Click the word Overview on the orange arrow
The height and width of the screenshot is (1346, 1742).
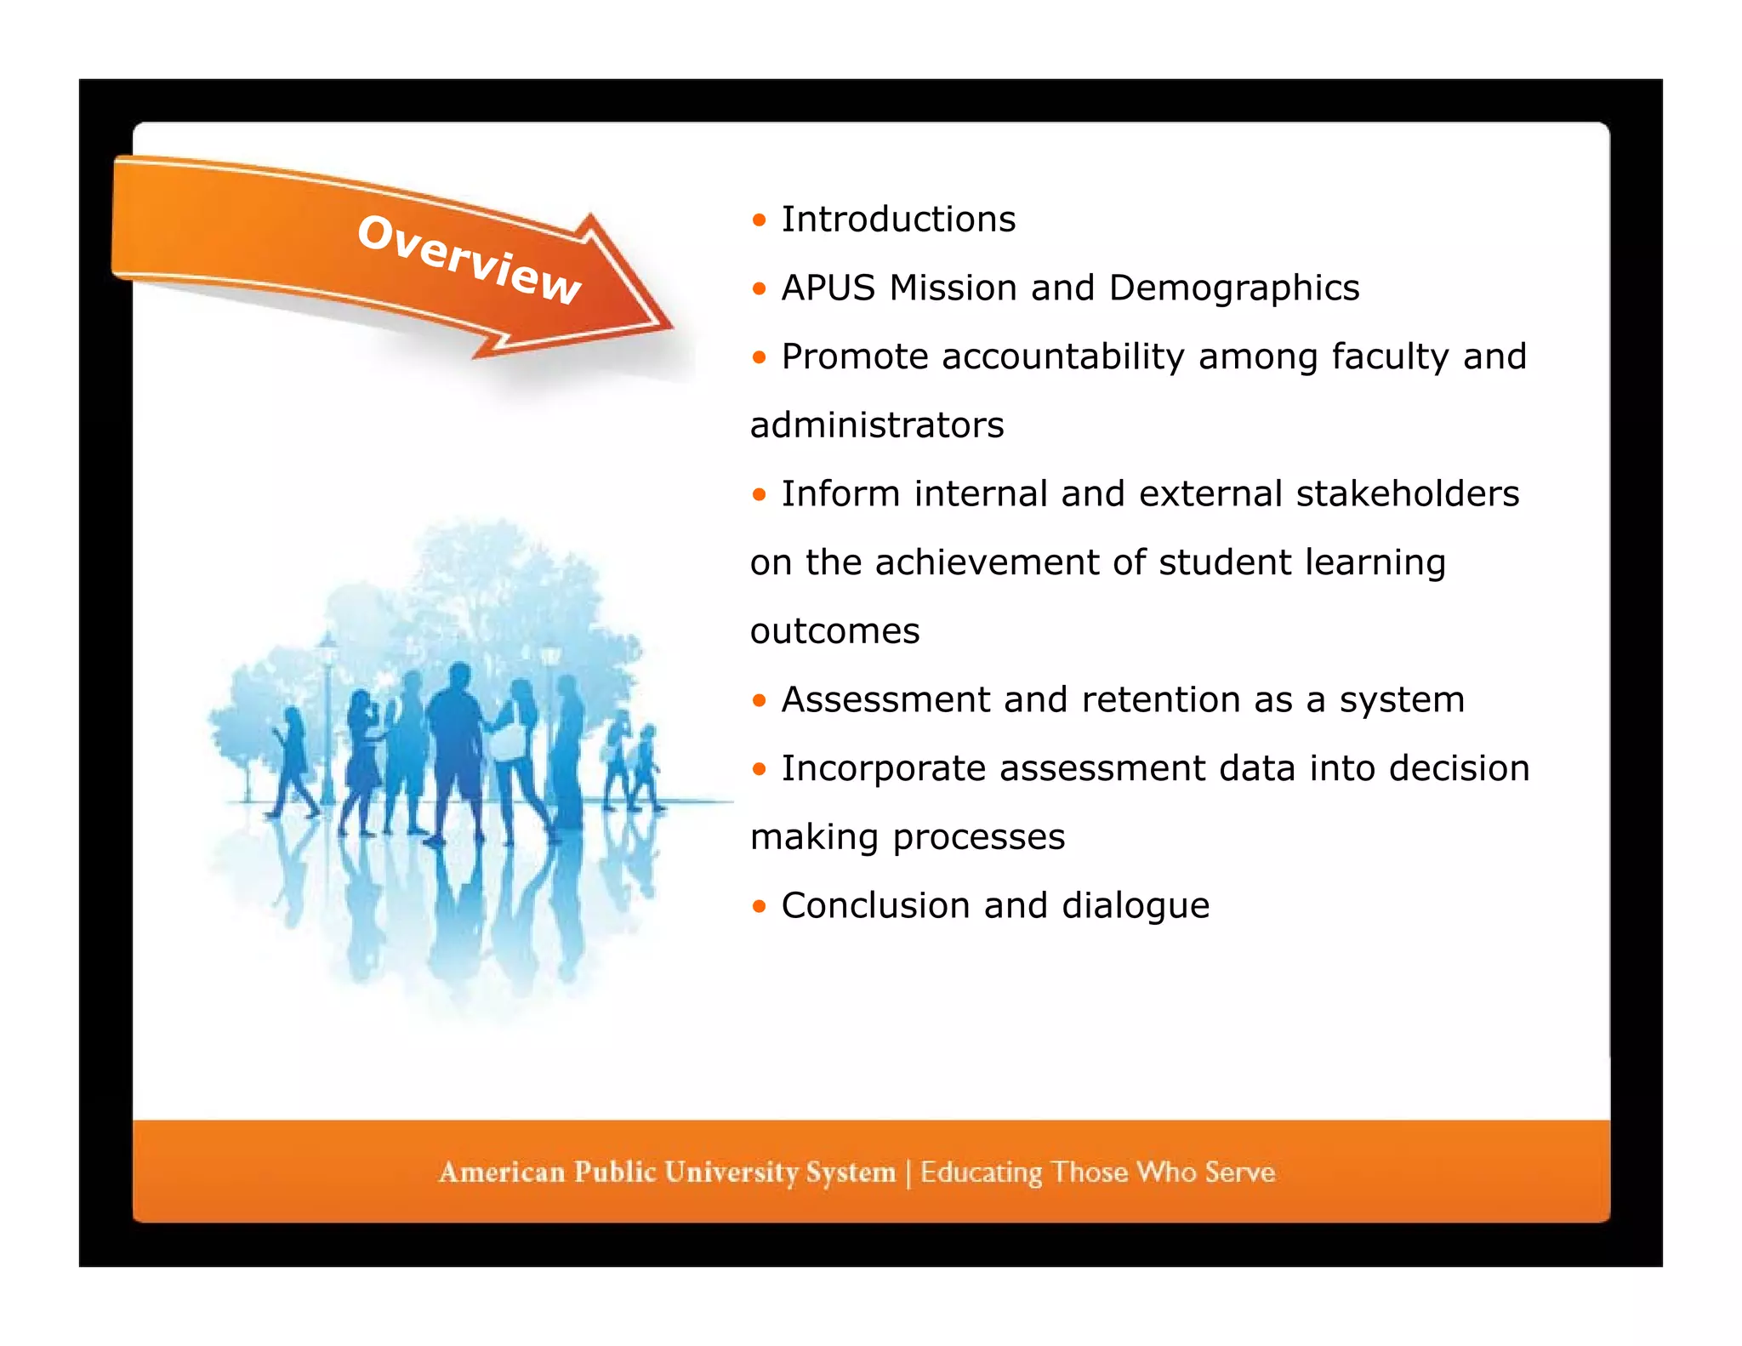coord(470,259)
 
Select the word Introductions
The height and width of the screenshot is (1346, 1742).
coord(898,220)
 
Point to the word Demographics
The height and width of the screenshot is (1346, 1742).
coord(1234,288)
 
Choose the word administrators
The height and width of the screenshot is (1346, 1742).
coord(877,425)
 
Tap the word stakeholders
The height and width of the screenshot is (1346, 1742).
coord(1407,494)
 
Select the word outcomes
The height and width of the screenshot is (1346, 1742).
coord(834,631)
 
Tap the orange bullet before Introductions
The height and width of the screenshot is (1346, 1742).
coord(759,221)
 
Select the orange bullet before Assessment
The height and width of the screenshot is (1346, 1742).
coord(759,701)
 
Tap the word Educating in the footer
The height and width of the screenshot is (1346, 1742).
coord(981,1172)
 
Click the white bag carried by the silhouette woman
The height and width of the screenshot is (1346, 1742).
coord(509,739)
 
